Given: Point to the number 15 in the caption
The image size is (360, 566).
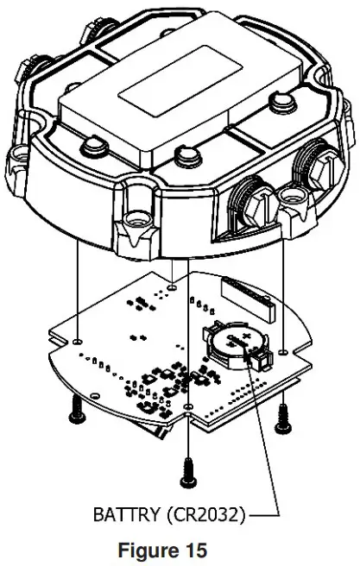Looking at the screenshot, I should point(197,550).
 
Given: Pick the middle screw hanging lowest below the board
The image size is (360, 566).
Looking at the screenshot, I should point(186,467).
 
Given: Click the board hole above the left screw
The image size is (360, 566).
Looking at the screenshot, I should point(78,339).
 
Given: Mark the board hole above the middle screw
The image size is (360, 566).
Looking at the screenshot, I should point(187,405).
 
